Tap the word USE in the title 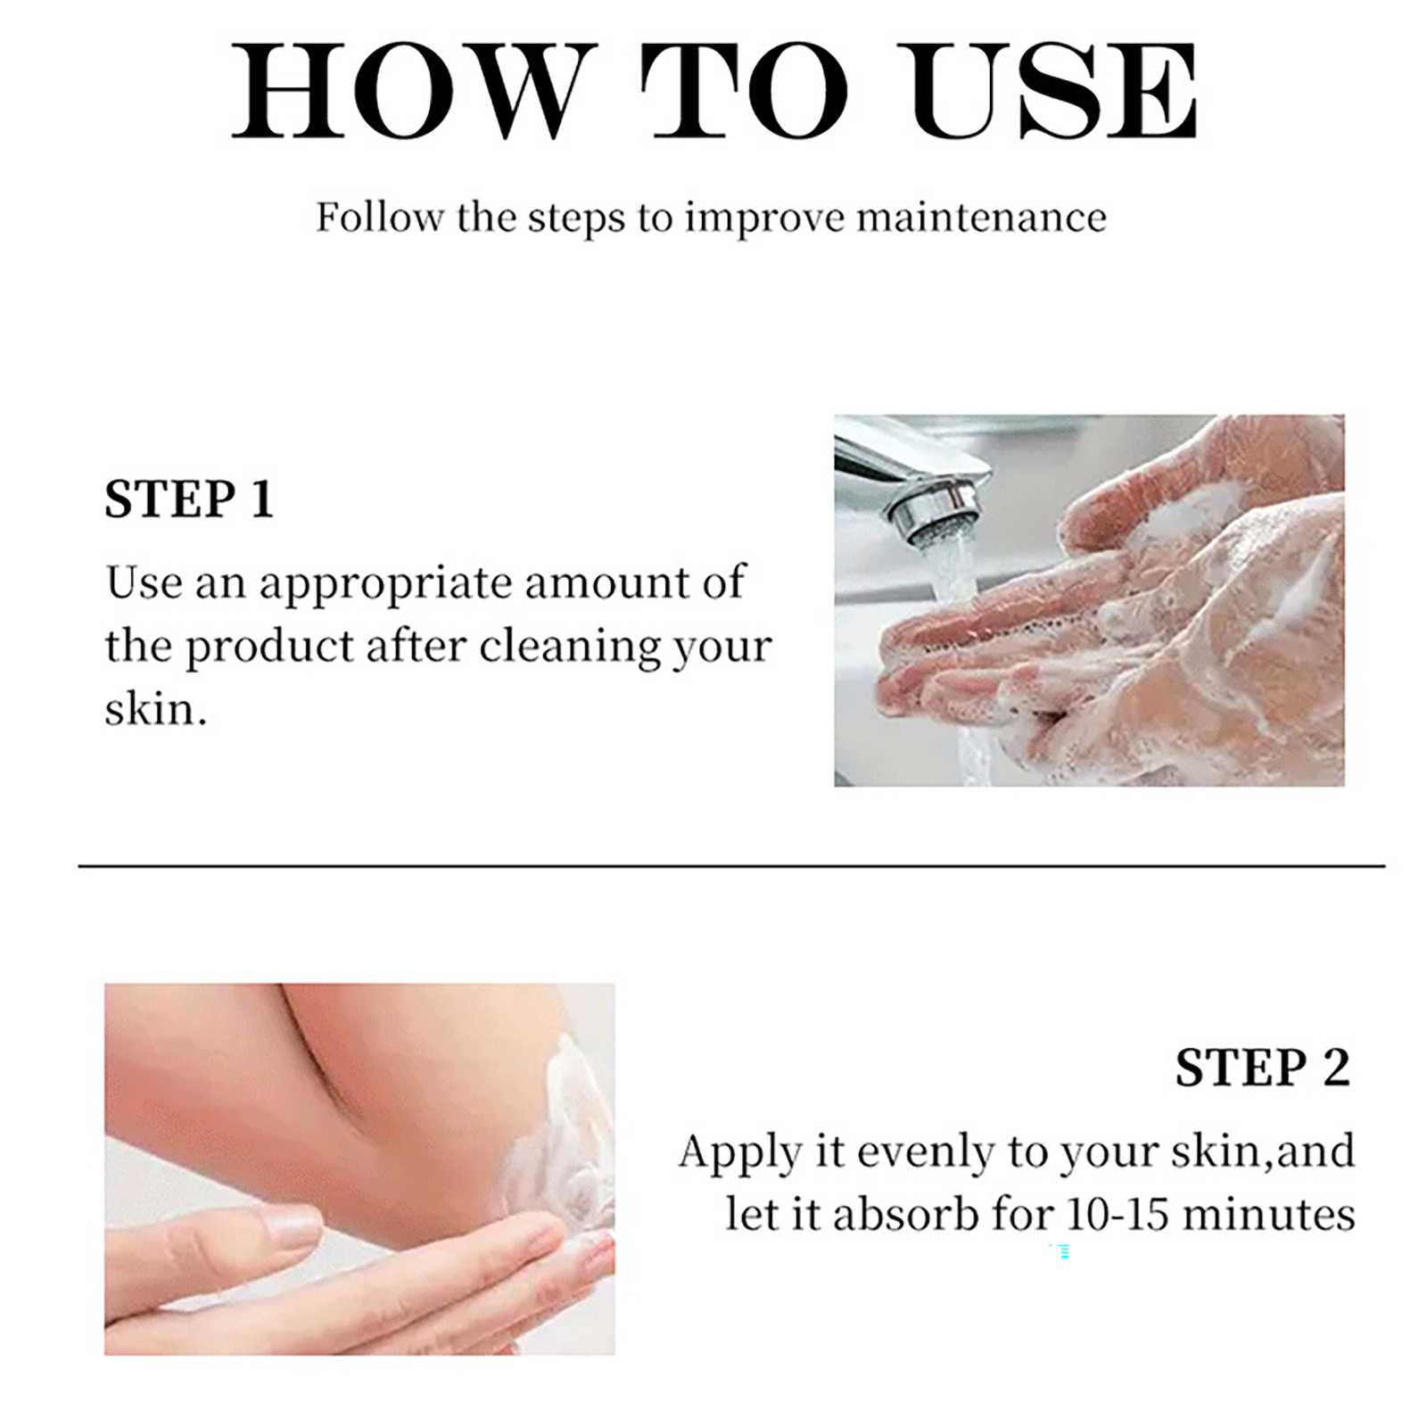tap(1052, 91)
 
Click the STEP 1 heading tap(189, 499)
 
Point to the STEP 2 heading tap(1262, 1068)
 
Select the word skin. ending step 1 tap(155, 710)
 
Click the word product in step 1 tap(269, 648)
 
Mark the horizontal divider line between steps tap(731, 865)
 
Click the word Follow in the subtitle tap(380, 218)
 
